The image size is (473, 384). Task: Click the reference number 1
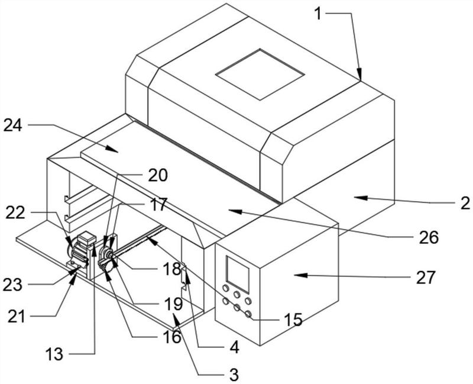[x=318, y=14]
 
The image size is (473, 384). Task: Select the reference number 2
[x=465, y=203]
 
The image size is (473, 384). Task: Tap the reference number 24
[x=12, y=125]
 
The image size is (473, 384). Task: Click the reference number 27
[x=426, y=277]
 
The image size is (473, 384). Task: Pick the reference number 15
[x=293, y=320]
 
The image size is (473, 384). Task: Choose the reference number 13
[x=54, y=354]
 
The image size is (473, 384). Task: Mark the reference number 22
[x=15, y=213]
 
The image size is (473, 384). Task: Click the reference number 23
[x=12, y=285]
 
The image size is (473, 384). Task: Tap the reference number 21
[x=17, y=317]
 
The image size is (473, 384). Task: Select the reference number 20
[x=158, y=175]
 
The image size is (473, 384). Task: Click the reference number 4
[x=234, y=347]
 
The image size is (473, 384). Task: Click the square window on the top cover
[x=260, y=75]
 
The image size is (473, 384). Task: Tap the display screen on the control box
[x=238, y=275]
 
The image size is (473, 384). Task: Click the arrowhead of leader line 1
[x=359, y=74]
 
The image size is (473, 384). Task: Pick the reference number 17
[x=158, y=205]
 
